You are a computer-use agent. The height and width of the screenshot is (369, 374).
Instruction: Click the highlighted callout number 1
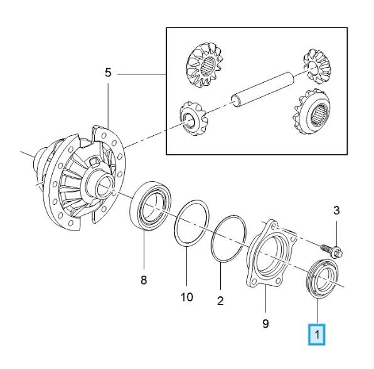(x=316, y=335)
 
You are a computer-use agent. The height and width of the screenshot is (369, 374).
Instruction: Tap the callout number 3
(x=336, y=210)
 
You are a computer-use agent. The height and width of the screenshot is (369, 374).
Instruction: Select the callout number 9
(x=265, y=323)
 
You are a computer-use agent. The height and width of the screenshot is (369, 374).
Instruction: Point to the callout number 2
(x=220, y=301)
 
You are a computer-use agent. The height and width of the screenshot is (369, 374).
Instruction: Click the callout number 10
(x=186, y=297)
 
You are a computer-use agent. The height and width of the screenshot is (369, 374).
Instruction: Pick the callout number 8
(x=144, y=280)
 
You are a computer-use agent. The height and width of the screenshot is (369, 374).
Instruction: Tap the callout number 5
(x=108, y=73)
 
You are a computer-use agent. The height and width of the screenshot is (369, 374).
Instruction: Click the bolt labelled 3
(x=332, y=251)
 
